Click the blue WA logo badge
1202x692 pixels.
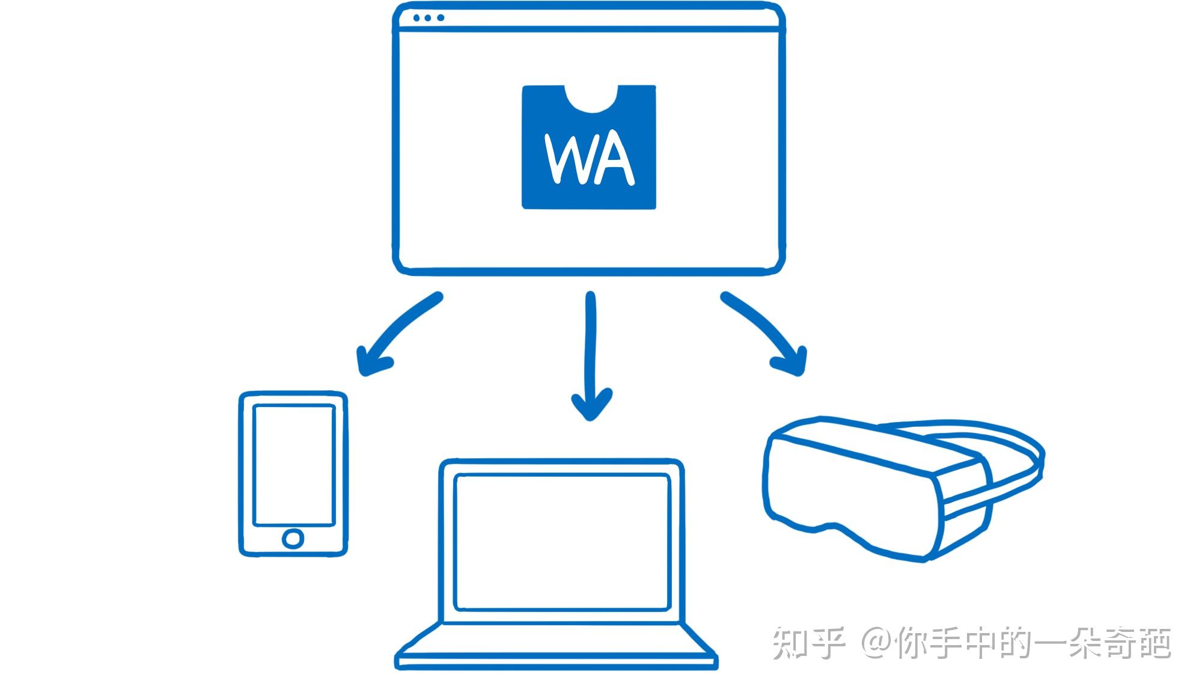click(589, 147)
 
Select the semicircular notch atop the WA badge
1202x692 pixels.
click(591, 100)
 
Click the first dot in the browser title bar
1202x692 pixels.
click(416, 18)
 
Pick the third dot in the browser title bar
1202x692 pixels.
click(441, 18)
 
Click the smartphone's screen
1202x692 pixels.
click(294, 465)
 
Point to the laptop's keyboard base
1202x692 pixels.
click(556, 646)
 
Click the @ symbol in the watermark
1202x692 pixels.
click(877, 642)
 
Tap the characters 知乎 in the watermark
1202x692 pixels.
click(808, 642)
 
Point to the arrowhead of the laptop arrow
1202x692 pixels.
click(591, 405)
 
